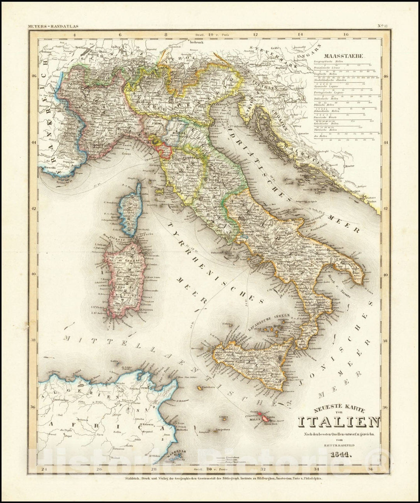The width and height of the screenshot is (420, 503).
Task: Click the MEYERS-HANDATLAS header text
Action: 53,26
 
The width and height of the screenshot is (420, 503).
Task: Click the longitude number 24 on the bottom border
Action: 44,469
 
